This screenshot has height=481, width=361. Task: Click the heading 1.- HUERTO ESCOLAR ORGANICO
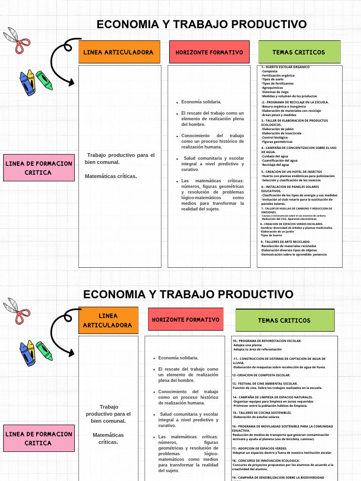(x=285, y=67)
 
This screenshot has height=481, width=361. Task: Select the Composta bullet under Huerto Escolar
(x=270, y=71)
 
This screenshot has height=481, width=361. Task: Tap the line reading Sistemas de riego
(x=275, y=92)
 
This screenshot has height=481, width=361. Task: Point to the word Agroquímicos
(x=273, y=88)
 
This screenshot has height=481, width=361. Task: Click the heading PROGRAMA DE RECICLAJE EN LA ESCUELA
(x=297, y=102)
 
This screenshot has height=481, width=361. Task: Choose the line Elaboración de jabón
(x=278, y=129)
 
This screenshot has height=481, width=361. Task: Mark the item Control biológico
(x=275, y=137)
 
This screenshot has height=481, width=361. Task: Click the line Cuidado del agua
(x=275, y=156)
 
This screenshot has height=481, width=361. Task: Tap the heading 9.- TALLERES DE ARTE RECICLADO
(x=285, y=241)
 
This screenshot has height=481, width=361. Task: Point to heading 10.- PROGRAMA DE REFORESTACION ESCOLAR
(x=267, y=341)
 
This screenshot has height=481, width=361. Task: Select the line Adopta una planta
(x=248, y=345)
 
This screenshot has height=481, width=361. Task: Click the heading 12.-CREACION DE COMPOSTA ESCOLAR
(x=261, y=375)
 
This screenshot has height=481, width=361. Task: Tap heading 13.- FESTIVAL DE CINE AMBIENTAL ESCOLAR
(x=265, y=383)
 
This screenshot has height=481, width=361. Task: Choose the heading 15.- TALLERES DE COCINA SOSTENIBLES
(x=262, y=412)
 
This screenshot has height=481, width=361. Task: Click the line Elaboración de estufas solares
(x=257, y=417)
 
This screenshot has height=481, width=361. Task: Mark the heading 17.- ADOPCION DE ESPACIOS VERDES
(x=259, y=448)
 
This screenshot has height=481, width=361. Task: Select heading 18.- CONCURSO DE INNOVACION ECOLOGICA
(x=266, y=460)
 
